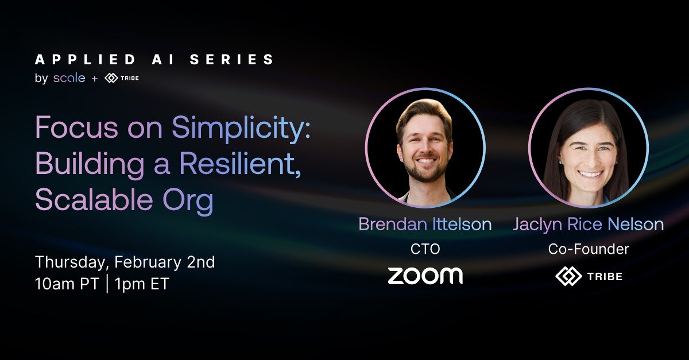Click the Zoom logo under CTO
click(425, 276)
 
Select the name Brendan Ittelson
click(425, 224)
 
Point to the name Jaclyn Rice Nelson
click(589, 225)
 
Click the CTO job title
click(425, 249)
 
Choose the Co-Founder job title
click(589, 249)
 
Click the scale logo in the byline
click(69, 78)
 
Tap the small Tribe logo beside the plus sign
click(122, 78)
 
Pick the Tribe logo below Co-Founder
click(589, 276)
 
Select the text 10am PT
click(67, 284)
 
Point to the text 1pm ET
click(142, 284)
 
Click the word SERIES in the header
click(231, 59)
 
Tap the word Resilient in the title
click(240, 164)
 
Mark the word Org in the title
click(188, 200)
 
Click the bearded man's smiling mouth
click(425, 161)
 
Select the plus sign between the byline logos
click(95, 79)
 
